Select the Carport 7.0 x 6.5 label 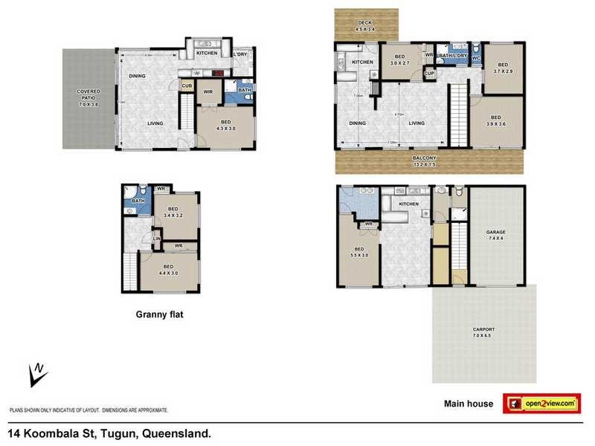(x=483, y=332)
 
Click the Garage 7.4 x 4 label (x=495, y=235)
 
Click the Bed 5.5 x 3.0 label (x=358, y=252)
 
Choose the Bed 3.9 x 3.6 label (x=495, y=120)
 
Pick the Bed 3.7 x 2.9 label (x=502, y=68)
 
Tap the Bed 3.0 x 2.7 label (x=399, y=60)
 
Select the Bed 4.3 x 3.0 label (x=225, y=125)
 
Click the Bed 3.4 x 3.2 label (x=172, y=213)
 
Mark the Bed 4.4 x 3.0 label (x=168, y=269)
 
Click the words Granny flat (x=159, y=314)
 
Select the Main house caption (x=469, y=404)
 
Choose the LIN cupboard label (x=157, y=238)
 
